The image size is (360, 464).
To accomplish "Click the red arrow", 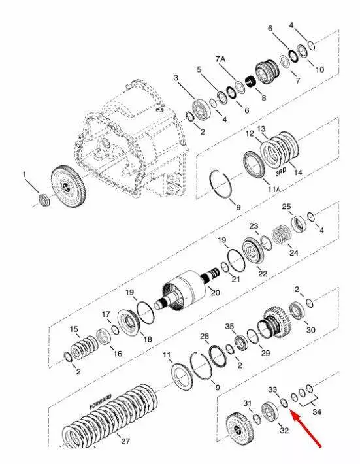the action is point(306,427).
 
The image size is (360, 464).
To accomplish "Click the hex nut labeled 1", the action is point(44,200).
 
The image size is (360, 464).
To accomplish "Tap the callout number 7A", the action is point(220,59).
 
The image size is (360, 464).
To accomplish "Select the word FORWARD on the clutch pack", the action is point(101,402).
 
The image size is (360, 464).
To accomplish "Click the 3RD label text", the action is point(281,173).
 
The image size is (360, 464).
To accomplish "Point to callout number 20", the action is point(215,292).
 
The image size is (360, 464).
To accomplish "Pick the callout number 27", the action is point(125,441).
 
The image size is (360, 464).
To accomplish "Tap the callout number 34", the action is point(317,412).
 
